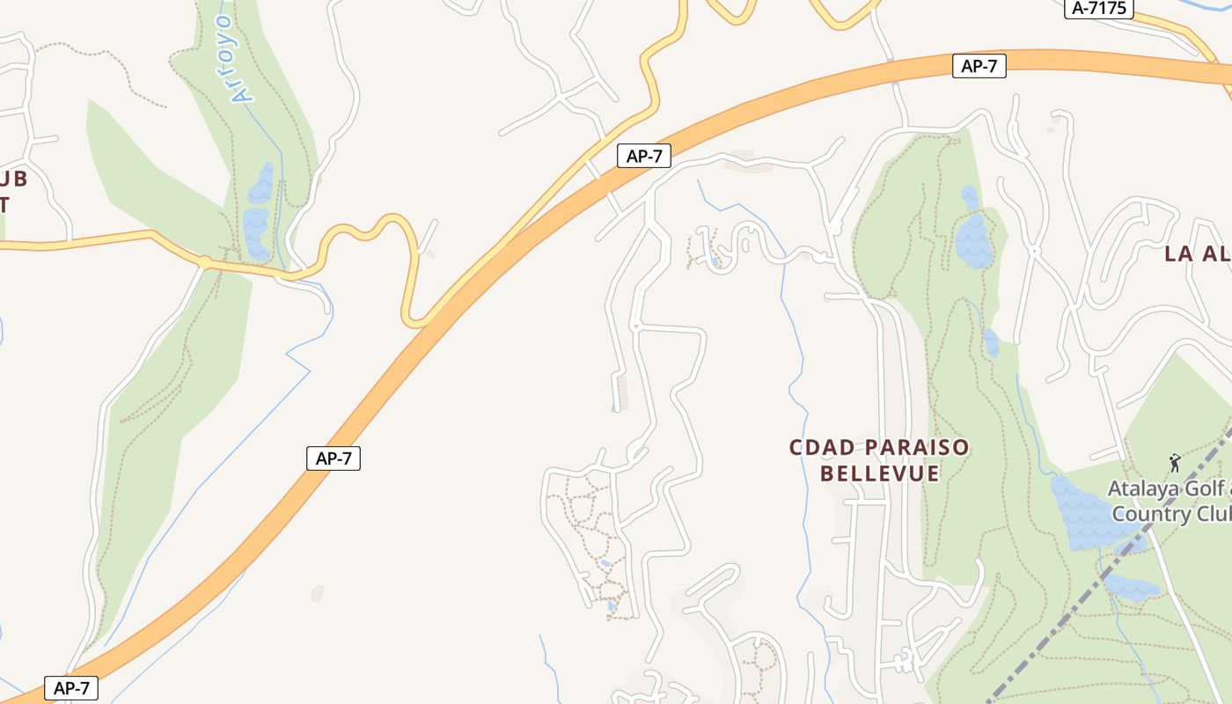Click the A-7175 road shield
(x=1099, y=9)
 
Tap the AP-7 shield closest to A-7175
(x=979, y=66)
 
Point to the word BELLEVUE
(x=879, y=474)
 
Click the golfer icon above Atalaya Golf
(x=1174, y=462)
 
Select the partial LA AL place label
(x=1197, y=254)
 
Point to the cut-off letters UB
(x=12, y=180)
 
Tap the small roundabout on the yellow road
(x=205, y=262)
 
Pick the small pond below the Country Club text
(x=1131, y=588)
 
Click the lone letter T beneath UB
(x=4, y=205)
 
